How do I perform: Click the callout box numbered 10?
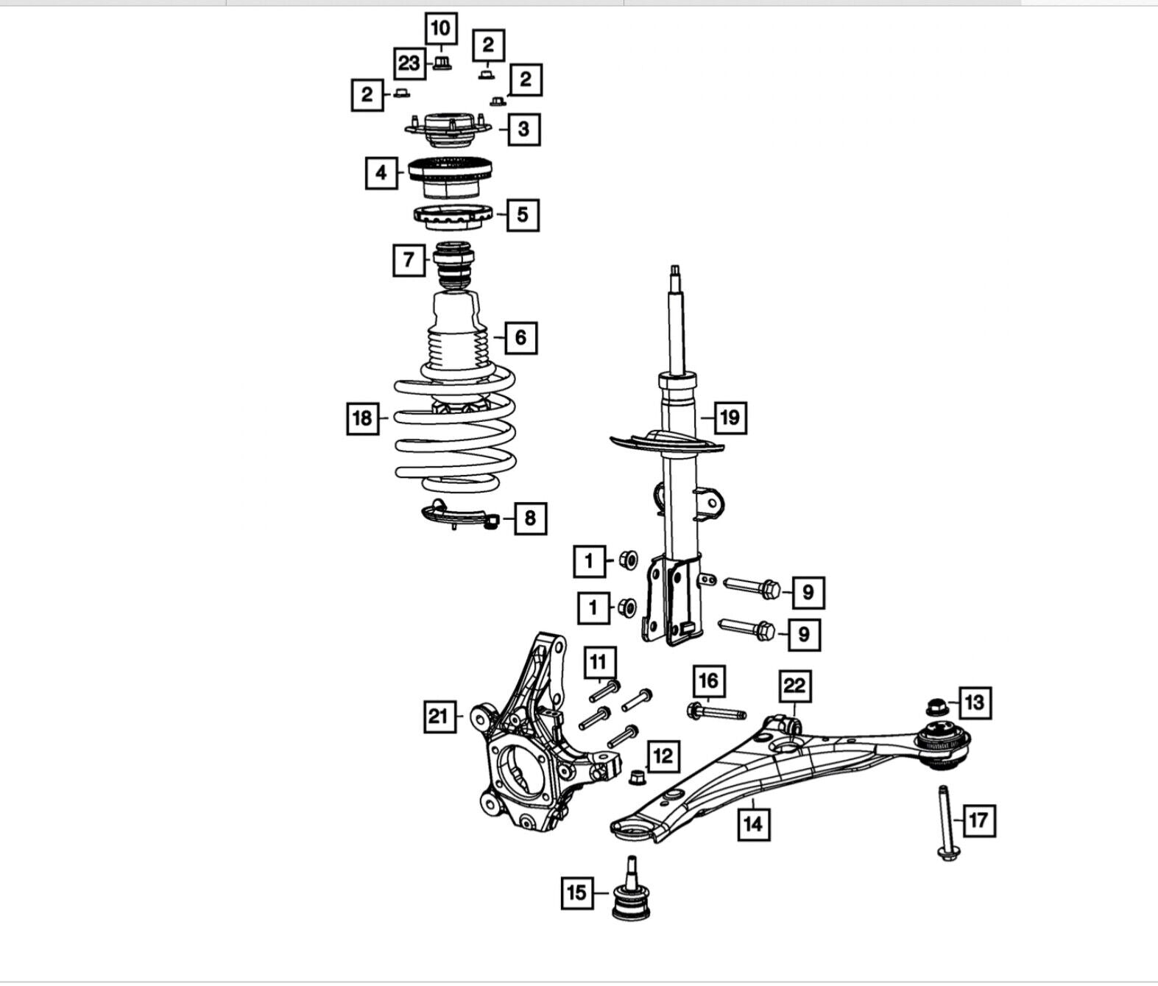441,28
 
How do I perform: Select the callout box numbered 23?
409,63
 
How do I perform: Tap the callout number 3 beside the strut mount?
524,129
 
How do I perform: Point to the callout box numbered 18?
362,418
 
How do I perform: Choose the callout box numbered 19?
730,418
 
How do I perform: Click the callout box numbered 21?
439,716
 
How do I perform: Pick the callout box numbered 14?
754,824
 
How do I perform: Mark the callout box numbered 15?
577,892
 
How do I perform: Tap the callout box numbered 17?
978,820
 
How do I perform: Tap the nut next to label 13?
936,707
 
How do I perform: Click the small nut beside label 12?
636,777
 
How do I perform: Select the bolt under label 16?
716,711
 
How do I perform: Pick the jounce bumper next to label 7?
453,266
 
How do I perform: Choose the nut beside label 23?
442,62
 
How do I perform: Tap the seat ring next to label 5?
453,217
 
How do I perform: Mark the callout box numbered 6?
521,337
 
